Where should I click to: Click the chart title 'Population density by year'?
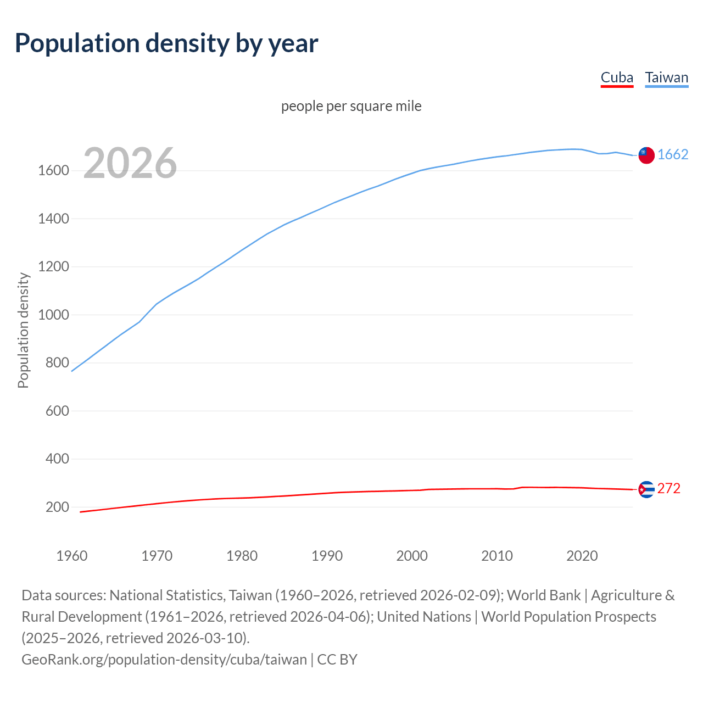click(166, 43)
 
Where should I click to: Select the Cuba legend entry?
click(617, 77)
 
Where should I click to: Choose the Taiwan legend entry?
click(666, 77)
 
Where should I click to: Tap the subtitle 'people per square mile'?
click(351, 106)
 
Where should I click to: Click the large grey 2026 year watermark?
click(130, 163)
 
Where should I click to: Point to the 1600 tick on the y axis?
click(53, 171)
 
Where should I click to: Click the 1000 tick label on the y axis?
click(53, 315)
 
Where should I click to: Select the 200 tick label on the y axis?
click(57, 507)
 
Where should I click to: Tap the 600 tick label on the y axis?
click(57, 411)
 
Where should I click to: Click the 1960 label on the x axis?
click(72, 556)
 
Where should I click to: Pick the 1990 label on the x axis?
click(327, 556)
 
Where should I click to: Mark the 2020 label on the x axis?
click(582, 556)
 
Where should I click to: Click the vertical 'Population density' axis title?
click(23, 330)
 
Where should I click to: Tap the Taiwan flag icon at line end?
click(646, 155)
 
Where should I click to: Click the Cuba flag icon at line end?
click(646, 489)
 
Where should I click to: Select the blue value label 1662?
click(673, 155)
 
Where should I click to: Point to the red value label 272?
click(669, 488)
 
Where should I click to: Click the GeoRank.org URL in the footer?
click(164, 659)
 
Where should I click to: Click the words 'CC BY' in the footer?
click(337, 659)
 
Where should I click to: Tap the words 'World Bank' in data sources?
click(544, 595)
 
